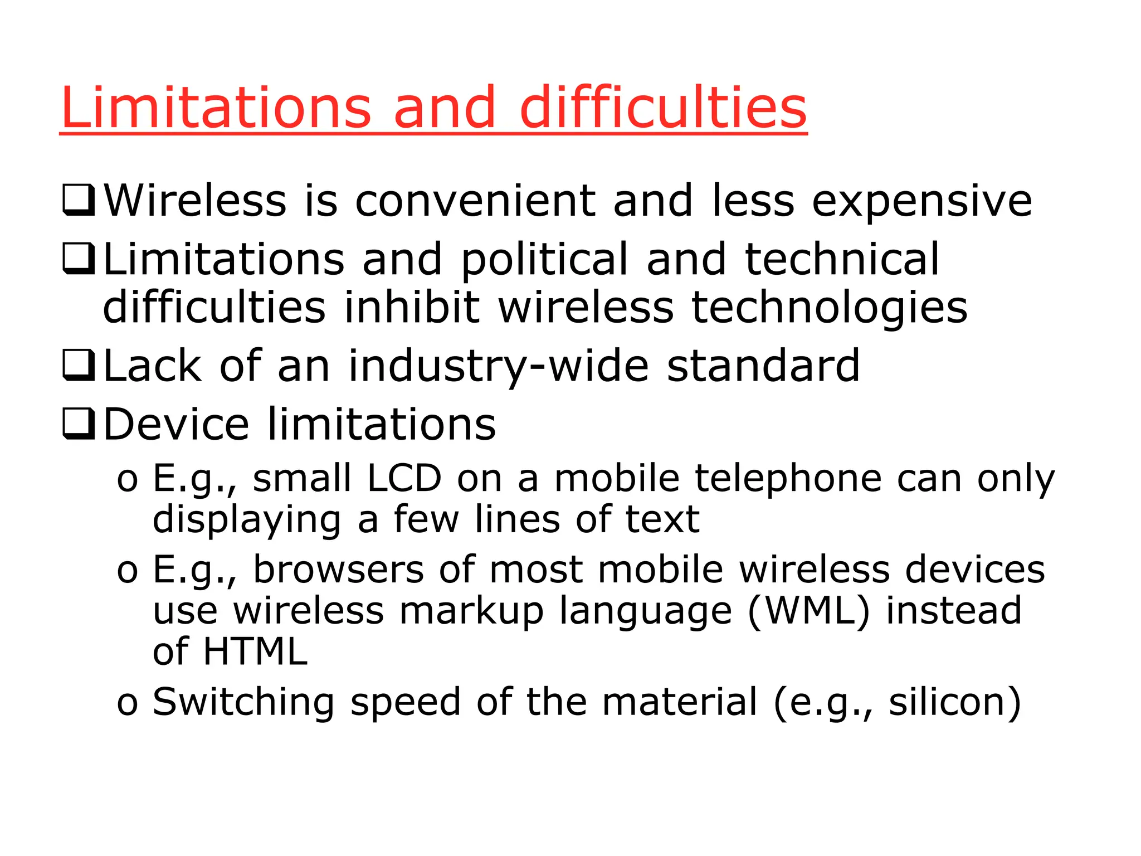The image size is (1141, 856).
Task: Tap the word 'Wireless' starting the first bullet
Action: click(195, 201)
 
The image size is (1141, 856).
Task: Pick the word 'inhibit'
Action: click(411, 308)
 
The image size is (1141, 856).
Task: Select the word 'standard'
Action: click(763, 366)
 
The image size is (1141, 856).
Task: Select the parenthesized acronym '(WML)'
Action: click(808, 611)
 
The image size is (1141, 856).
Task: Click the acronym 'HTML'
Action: click(255, 651)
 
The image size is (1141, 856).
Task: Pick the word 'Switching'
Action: click(243, 702)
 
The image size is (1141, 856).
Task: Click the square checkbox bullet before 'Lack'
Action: click(79, 366)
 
